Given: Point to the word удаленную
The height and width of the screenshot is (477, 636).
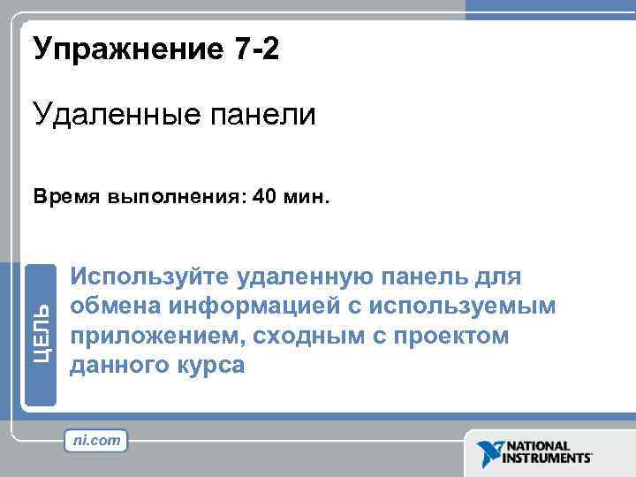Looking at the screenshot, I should [x=304, y=277].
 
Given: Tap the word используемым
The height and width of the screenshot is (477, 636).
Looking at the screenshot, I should [x=467, y=307].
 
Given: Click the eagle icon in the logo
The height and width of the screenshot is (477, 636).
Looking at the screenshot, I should [x=488, y=453].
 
